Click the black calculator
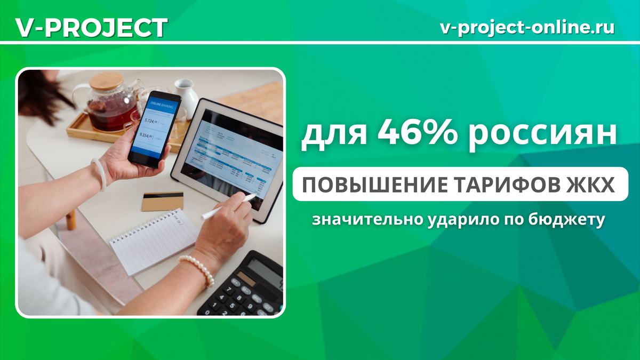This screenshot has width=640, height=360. click(245, 285)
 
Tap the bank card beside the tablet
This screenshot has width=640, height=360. click(163, 201)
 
